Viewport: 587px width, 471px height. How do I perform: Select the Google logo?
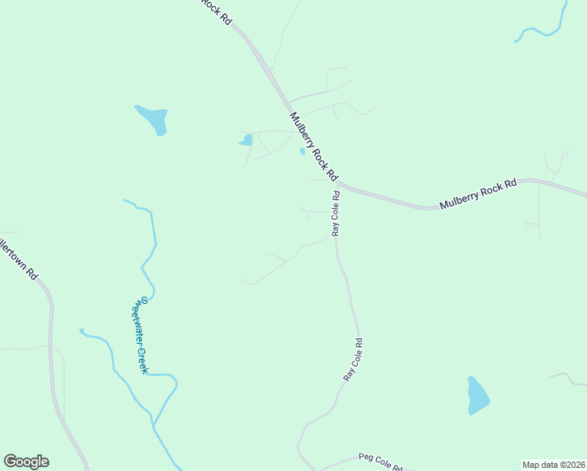click(26, 462)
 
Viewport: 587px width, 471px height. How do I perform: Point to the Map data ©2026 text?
click(553, 465)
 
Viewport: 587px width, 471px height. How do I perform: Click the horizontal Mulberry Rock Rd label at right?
click(478, 194)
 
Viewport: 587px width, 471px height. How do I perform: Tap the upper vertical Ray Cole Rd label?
click(336, 214)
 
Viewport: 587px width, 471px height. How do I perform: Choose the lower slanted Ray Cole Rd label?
click(352, 360)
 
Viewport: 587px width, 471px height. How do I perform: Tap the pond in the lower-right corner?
click(476, 396)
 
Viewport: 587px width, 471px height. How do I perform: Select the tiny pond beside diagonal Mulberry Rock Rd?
click(302, 152)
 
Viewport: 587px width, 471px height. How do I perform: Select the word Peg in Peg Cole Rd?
click(364, 457)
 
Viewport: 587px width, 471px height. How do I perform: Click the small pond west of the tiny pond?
click(246, 141)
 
